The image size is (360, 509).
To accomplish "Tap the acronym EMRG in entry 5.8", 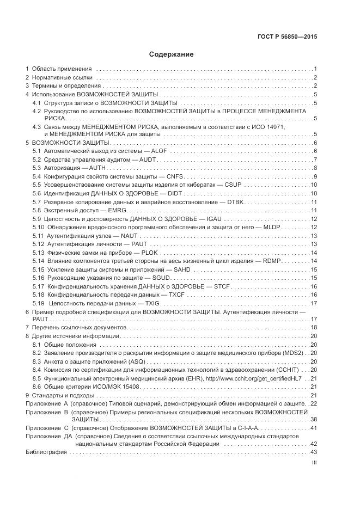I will [115, 211].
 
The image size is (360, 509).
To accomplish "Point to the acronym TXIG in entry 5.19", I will [146, 303].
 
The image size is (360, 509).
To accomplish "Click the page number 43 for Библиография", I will [313, 452].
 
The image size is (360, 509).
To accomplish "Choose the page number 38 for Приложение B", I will [313, 420].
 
